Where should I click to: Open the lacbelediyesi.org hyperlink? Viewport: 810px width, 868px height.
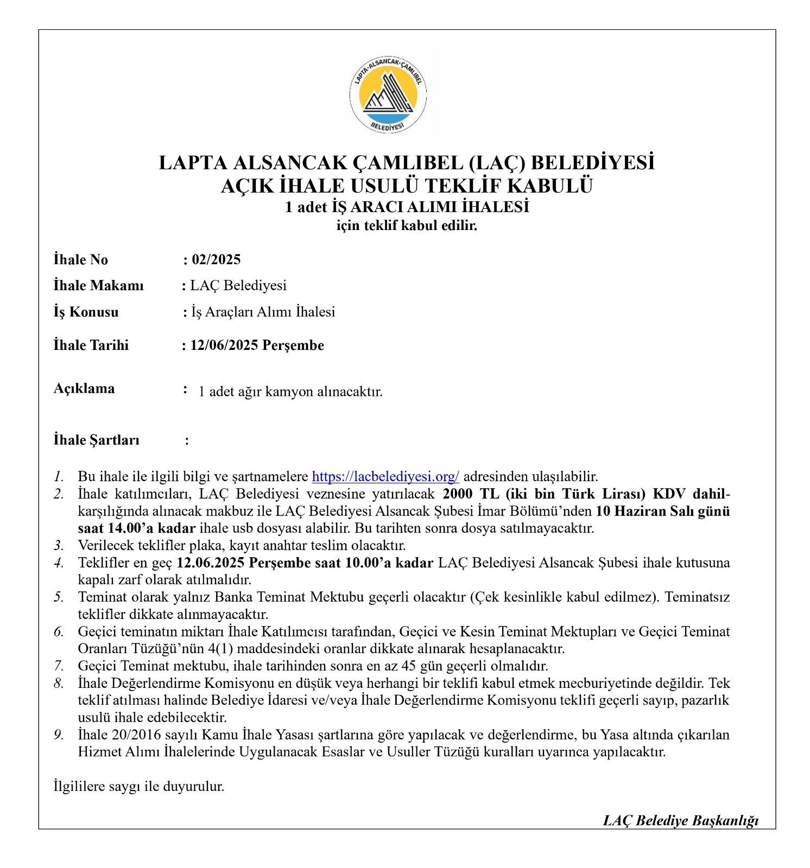point(385,476)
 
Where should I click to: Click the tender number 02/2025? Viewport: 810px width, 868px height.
point(216,259)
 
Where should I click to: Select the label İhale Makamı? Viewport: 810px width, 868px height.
point(98,285)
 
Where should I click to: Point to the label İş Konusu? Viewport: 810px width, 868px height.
point(86,312)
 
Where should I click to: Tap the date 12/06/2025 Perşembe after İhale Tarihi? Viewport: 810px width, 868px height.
point(257,346)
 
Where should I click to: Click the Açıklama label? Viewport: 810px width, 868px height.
point(84,388)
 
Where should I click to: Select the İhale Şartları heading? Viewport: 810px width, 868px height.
point(96,440)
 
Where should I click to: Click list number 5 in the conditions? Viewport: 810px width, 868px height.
point(59,597)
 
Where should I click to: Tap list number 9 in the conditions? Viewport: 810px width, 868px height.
point(59,735)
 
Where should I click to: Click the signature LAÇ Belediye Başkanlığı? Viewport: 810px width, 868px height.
point(680,820)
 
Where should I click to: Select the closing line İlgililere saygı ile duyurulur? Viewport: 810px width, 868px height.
point(139,786)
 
